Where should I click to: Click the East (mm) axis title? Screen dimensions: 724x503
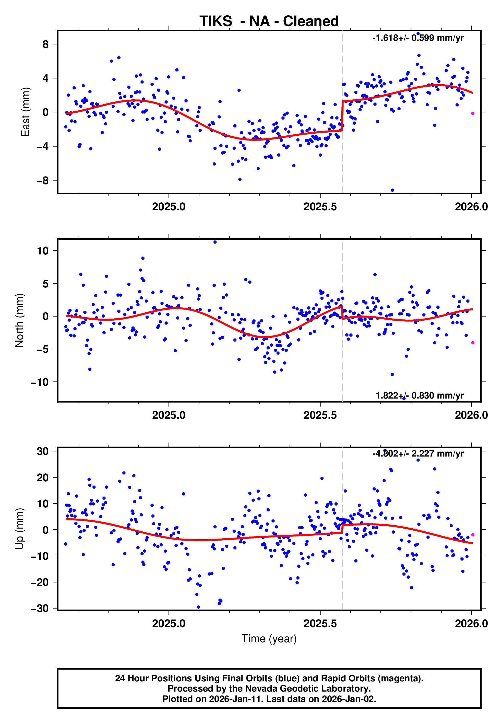25,112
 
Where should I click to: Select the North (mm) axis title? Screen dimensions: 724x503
20,320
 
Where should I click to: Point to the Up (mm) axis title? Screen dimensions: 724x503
20,529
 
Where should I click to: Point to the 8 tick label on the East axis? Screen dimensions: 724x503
46,44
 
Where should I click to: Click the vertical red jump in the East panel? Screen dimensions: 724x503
342,116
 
